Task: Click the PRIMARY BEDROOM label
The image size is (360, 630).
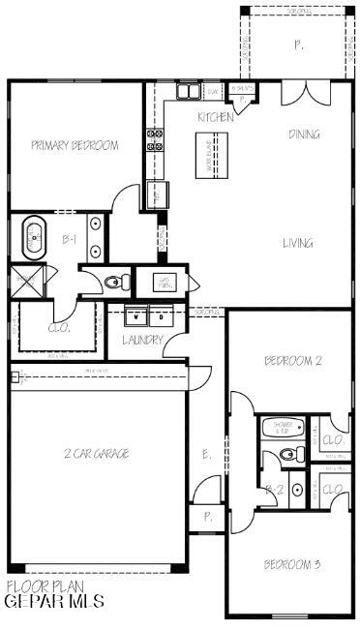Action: point(75,146)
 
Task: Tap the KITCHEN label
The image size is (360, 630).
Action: point(215,117)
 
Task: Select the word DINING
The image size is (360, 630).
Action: point(304,135)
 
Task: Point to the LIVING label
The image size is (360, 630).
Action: point(298,243)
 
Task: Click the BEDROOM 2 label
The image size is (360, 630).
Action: point(292,361)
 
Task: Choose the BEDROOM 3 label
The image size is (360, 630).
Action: point(292,564)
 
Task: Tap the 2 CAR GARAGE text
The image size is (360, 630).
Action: point(96,453)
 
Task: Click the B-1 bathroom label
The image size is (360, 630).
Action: point(70,237)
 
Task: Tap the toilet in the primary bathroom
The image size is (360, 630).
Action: point(117,282)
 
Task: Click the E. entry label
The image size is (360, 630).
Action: point(206,454)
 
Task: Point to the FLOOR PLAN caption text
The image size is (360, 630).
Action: point(45,586)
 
